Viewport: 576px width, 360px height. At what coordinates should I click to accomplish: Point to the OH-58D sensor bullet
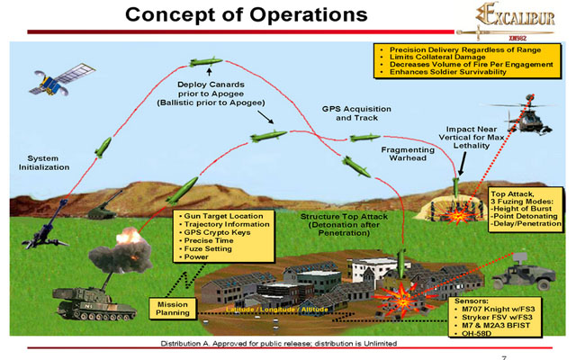[x=481, y=333]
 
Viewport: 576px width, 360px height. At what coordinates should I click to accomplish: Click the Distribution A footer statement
[x=279, y=345]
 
